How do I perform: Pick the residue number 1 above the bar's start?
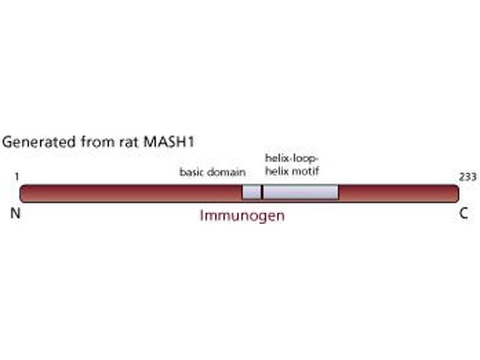coord(18,176)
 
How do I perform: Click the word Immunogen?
coord(242,216)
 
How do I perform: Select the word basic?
coord(192,173)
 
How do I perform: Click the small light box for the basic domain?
coord(251,193)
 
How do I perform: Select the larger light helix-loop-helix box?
coord(301,193)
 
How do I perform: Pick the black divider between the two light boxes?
coord(262,193)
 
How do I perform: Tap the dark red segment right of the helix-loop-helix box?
coord(396,193)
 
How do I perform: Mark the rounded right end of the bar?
coord(456,193)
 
